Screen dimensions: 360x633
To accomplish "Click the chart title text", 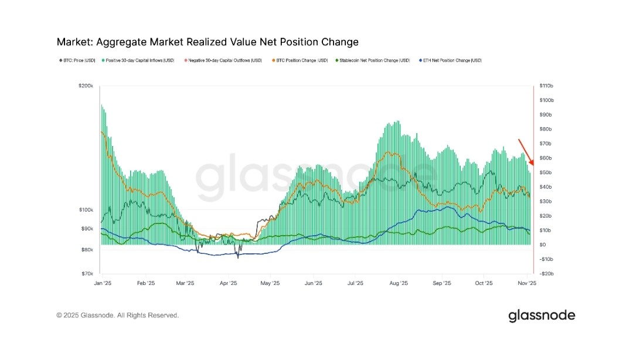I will tap(207, 42).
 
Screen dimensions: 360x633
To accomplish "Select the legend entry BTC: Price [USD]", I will tap(77, 60).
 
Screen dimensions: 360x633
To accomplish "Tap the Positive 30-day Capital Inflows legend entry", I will tap(138, 60).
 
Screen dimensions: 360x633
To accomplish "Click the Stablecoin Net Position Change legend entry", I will tap(373, 60).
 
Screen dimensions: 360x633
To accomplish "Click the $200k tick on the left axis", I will tap(86, 86).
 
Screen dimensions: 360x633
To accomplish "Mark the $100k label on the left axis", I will tap(86, 210).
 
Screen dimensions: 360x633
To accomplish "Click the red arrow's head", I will tap(531, 164).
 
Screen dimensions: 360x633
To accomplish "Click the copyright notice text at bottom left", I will tap(117, 315).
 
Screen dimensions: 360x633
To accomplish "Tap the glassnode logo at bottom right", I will tap(542, 315).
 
